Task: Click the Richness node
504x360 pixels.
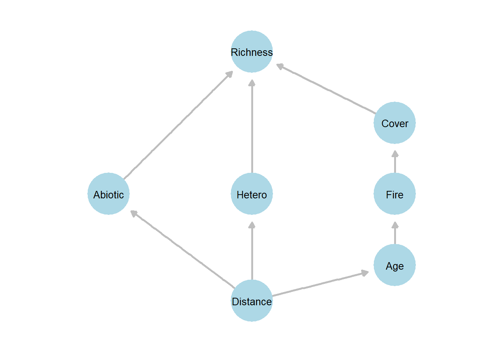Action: (252, 52)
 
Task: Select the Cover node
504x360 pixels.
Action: (394, 123)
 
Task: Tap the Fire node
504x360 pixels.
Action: (394, 194)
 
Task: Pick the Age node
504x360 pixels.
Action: (394, 265)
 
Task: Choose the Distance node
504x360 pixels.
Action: (252, 301)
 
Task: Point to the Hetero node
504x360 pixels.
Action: (252, 194)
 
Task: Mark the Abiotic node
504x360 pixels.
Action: (109, 194)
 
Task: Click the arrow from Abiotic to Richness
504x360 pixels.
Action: (178, 125)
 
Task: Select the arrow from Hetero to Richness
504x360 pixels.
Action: (252, 127)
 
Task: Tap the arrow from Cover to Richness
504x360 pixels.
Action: (326, 89)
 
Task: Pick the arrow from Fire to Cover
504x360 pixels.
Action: (395, 162)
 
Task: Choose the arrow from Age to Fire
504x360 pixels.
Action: (395, 233)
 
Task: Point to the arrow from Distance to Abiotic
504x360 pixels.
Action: (183, 250)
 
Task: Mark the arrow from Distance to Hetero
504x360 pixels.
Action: (252, 251)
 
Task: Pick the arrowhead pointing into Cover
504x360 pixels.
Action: (395, 153)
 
